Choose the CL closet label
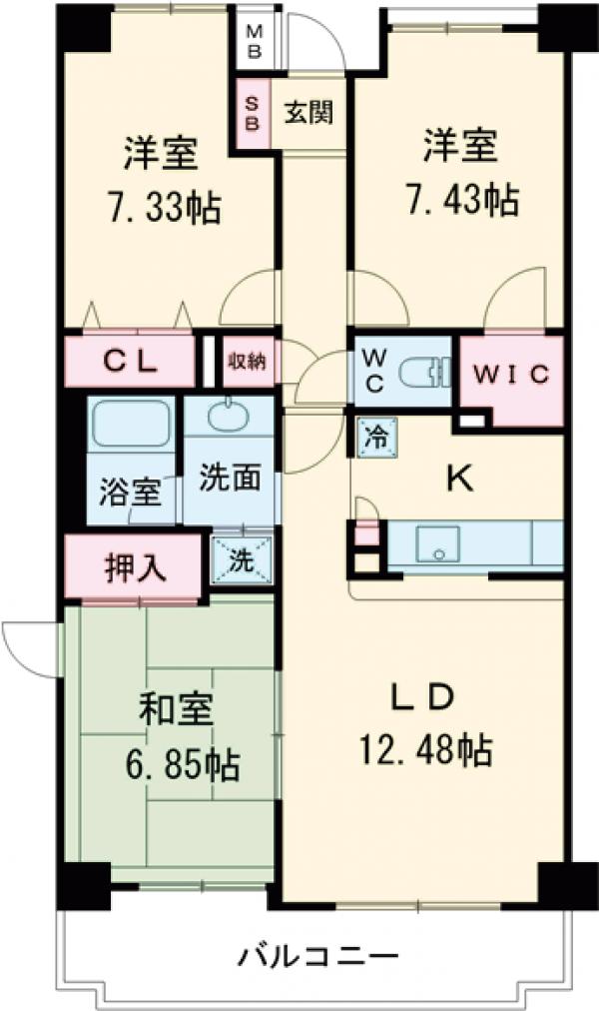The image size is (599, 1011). coord(131,363)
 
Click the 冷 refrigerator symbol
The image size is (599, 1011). coord(376,436)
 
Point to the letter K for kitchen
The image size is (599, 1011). coord(458,480)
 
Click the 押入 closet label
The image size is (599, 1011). coord(135,567)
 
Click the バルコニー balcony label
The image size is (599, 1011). coord(317,956)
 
